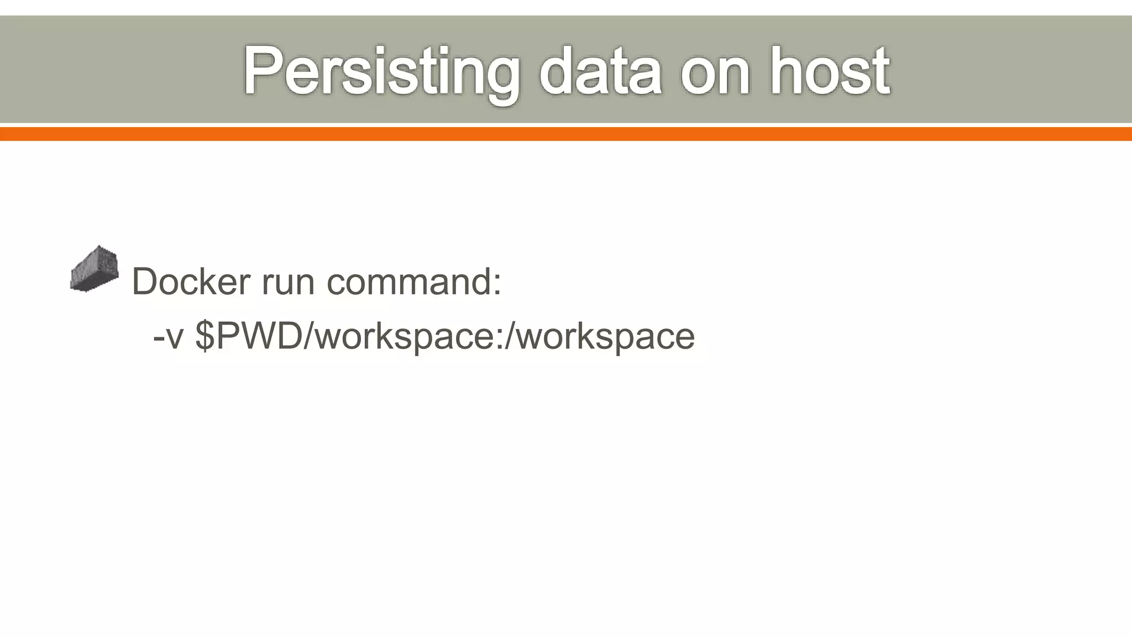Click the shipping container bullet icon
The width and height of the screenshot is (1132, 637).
click(95, 269)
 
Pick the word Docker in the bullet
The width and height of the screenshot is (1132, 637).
click(191, 281)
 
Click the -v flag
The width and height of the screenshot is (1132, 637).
click(168, 337)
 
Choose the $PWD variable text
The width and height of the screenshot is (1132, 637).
click(249, 336)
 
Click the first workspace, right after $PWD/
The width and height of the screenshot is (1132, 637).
click(403, 337)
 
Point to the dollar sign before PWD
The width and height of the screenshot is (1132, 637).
click(205, 336)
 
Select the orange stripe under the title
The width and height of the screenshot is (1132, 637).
click(566, 134)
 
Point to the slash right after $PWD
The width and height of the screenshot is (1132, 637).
click(310, 336)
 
